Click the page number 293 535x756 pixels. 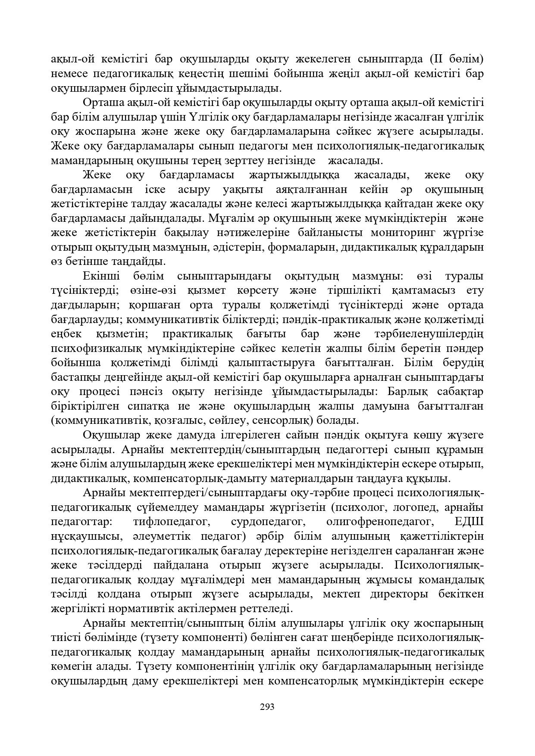click(267, 706)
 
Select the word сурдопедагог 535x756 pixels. click(268, 522)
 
